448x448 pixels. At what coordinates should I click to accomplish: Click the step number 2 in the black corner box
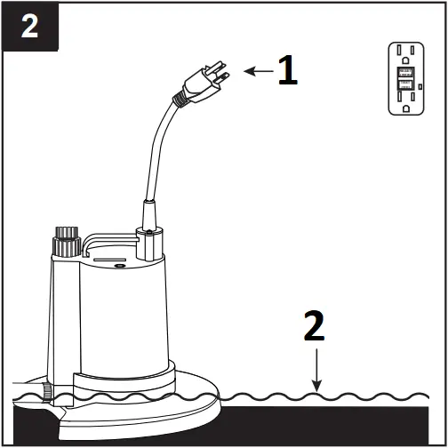pos(29,26)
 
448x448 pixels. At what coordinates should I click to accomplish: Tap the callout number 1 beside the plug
pos(287,71)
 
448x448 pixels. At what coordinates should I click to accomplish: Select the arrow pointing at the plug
pos(259,71)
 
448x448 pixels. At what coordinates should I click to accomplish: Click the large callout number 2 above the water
pos(315,328)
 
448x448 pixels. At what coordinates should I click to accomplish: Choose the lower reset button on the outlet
pos(406,85)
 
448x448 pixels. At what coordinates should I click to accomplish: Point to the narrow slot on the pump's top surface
pos(107,261)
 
